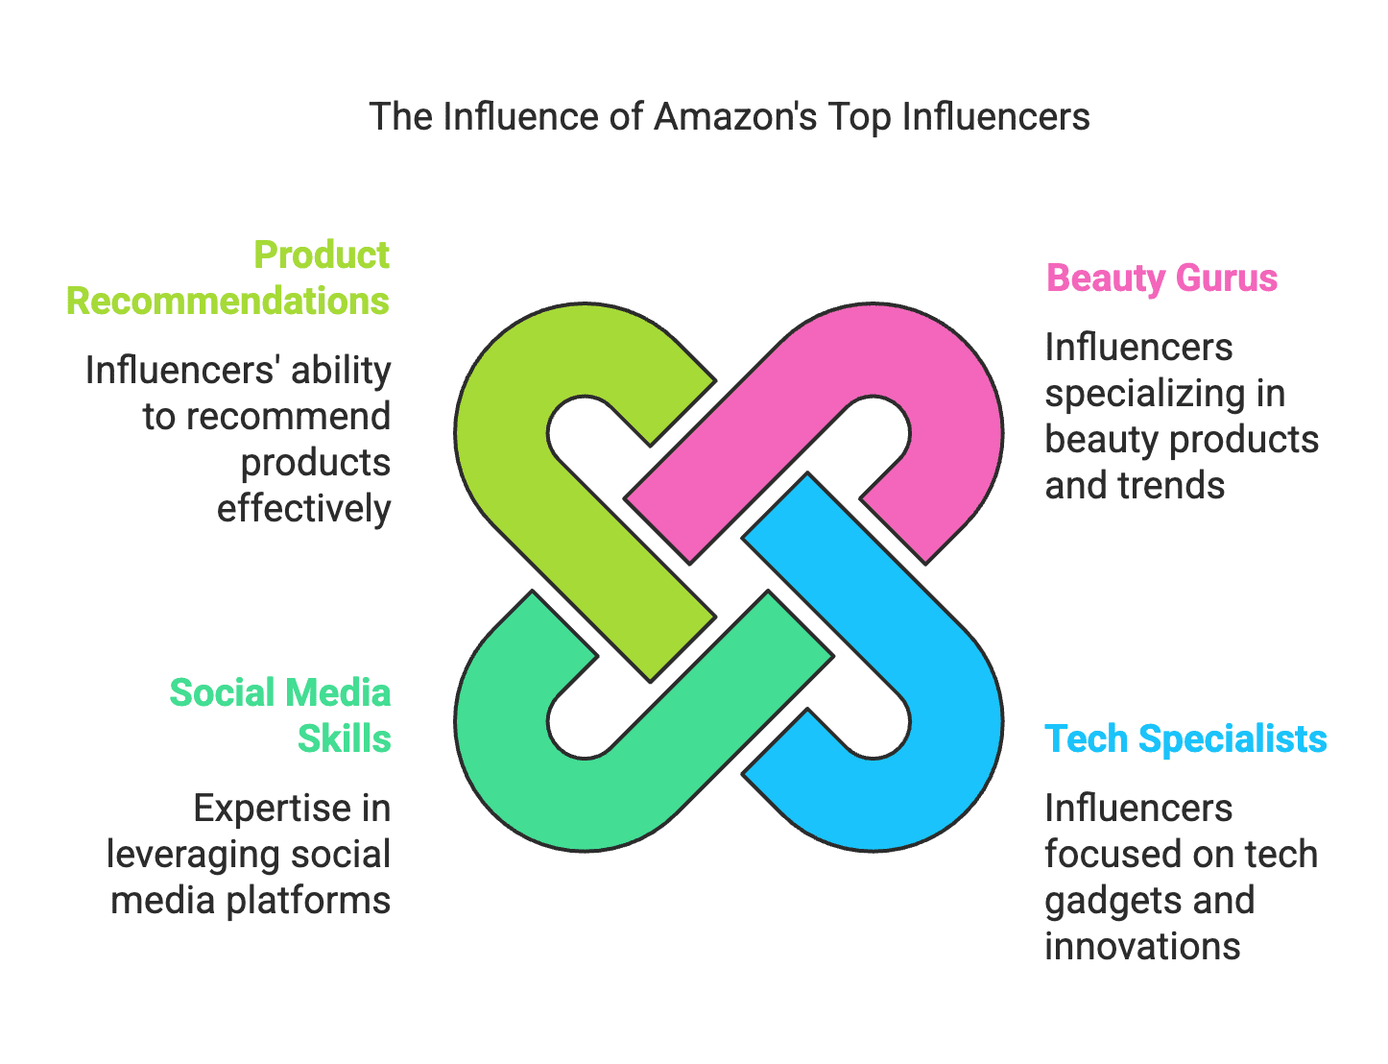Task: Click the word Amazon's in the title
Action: coord(734,117)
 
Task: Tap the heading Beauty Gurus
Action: coord(1161,278)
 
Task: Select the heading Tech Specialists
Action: coord(1185,739)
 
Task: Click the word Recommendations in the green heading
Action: coord(227,302)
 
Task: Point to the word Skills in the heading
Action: coord(344,739)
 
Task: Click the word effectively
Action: coord(303,509)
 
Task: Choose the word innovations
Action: coord(1142,947)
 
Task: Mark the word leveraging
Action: coord(181,855)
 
